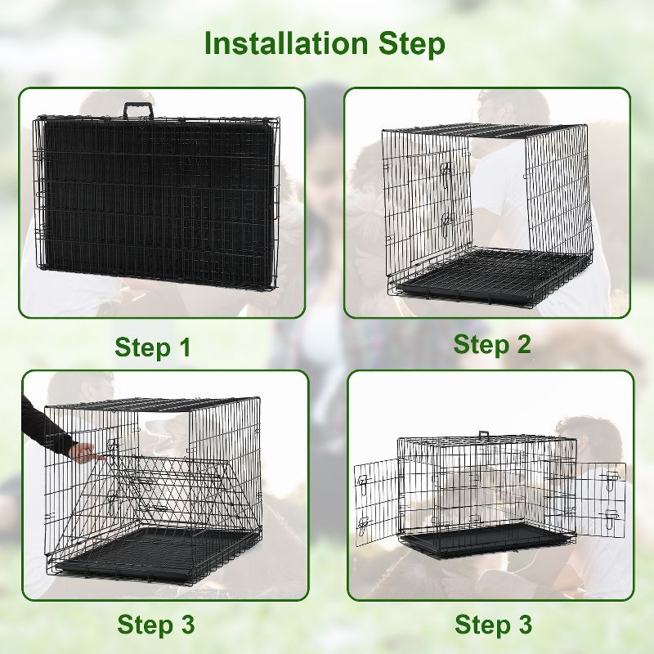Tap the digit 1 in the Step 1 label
pos(181,347)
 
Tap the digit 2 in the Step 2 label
pos(521,344)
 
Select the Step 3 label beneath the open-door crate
pos(493,625)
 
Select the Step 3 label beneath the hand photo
pos(156,625)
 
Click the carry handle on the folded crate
pos(138,110)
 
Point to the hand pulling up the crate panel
pos(83,450)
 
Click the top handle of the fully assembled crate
pos(484,435)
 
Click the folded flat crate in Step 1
pos(155,200)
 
